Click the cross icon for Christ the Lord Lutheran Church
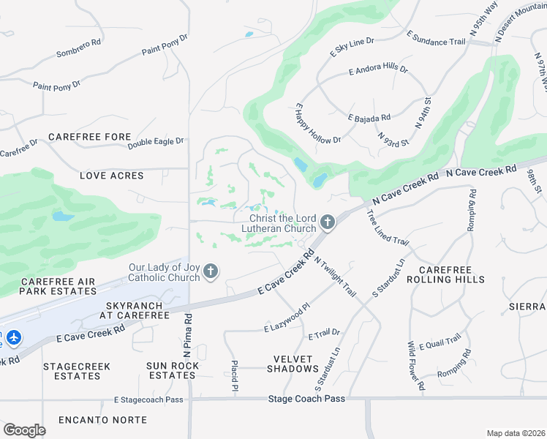(x=328, y=222)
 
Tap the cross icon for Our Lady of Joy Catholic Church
(x=211, y=272)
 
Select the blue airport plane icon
(x=14, y=339)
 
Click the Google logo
(x=24, y=429)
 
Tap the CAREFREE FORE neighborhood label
(x=90, y=137)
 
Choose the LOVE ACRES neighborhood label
(x=112, y=176)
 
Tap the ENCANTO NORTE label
(x=103, y=420)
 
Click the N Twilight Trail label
(x=336, y=276)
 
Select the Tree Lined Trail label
(x=387, y=228)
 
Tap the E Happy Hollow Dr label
(x=319, y=124)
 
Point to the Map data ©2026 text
(x=516, y=433)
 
